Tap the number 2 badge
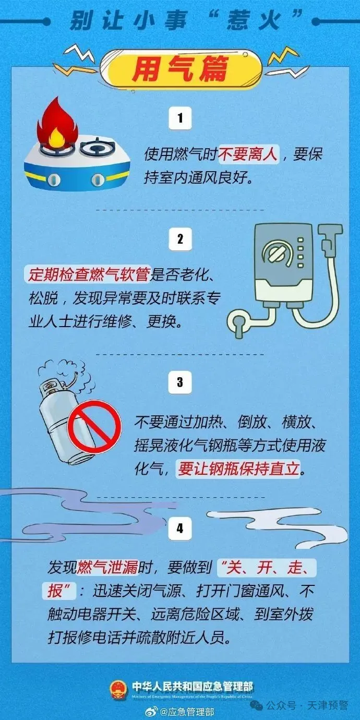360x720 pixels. coord(180,239)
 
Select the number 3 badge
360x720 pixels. coord(180,382)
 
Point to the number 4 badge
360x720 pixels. coord(180,528)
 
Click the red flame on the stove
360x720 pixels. coord(57,124)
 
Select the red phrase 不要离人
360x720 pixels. coord(248,154)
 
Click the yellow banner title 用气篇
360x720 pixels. coord(180,68)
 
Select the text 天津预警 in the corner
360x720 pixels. coord(327,697)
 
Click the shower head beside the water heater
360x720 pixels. coord(330,238)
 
